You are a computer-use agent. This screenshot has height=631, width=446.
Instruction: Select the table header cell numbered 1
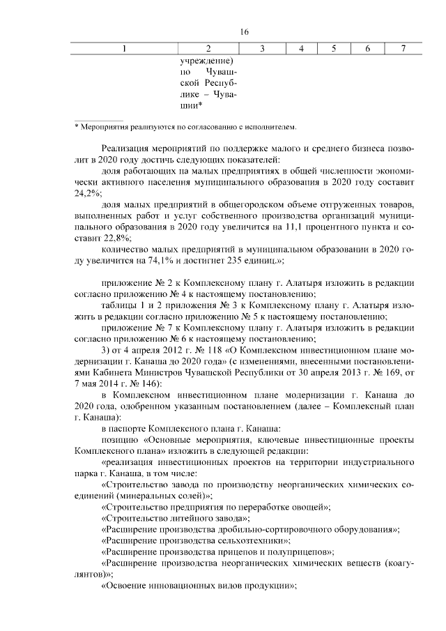[125, 48]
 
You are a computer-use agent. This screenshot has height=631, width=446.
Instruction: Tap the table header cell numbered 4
[300, 48]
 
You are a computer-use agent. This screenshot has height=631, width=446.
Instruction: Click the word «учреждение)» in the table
[209, 61]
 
